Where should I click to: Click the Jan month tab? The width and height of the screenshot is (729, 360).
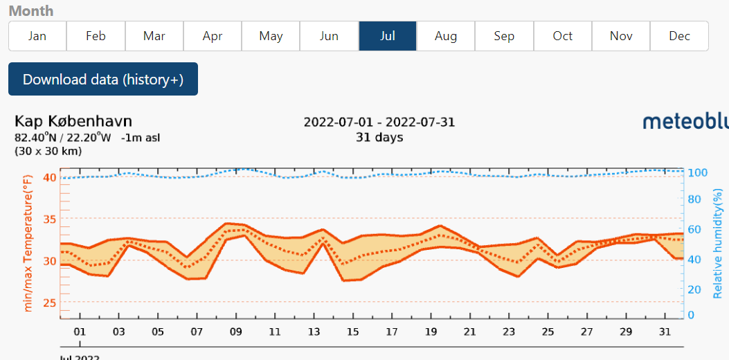pyautogui.click(x=37, y=36)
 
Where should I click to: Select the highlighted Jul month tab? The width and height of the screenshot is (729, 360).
pyautogui.click(x=388, y=36)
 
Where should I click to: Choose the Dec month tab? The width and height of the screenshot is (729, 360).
pyautogui.click(x=679, y=36)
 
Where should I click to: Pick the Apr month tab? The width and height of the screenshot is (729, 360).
pyautogui.click(x=213, y=36)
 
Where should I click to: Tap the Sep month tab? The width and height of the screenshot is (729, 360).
pyautogui.click(x=504, y=36)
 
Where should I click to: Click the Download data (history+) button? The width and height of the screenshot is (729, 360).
pyautogui.click(x=103, y=79)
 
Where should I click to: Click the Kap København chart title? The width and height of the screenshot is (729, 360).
pyautogui.click(x=73, y=122)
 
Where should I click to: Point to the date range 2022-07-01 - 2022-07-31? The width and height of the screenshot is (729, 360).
pyautogui.click(x=379, y=123)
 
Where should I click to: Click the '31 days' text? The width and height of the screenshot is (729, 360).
pyautogui.click(x=379, y=137)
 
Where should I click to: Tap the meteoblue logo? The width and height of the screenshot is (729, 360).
pyautogui.click(x=685, y=122)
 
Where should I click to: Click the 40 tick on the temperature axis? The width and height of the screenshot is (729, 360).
pyautogui.click(x=49, y=177)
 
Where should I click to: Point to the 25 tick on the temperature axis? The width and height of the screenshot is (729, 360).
pyautogui.click(x=49, y=303)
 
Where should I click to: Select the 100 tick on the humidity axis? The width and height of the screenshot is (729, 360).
pyautogui.click(x=696, y=172)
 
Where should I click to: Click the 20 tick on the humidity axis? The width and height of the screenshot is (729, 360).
pyautogui.click(x=694, y=290)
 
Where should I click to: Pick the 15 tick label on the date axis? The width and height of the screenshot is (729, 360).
pyautogui.click(x=353, y=332)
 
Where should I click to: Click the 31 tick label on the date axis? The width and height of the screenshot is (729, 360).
pyautogui.click(x=665, y=332)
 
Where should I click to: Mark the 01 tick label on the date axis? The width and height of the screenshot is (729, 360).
pyautogui.click(x=80, y=332)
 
